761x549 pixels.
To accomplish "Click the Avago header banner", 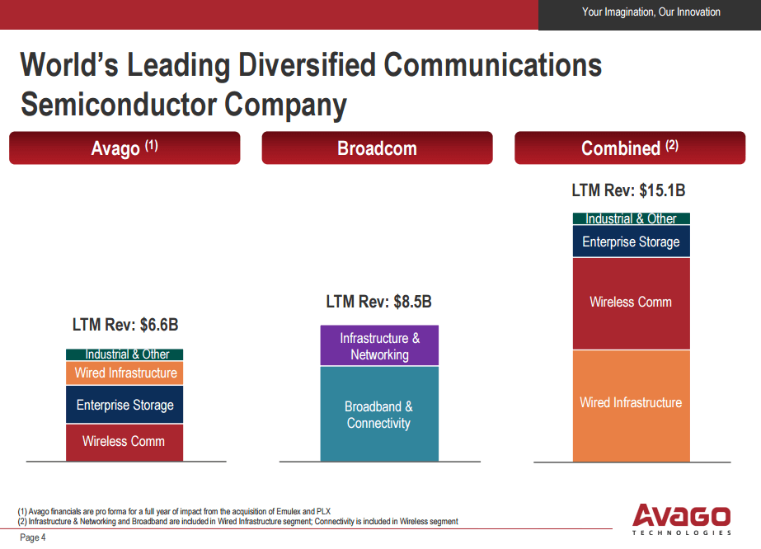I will pyautogui.click(x=124, y=148).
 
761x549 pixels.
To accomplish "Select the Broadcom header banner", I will pyautogui.click(x=377, y=148).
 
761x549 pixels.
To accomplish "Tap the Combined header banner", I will pyautogui.click(x=630, y=148).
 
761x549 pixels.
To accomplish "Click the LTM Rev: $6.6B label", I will pyautogui.click(x=125, y=325).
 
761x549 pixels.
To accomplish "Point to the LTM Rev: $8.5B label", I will pyautogui.click(x=378, y=303).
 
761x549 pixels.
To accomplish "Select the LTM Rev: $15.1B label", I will pyautogui.click(x=628, y=190).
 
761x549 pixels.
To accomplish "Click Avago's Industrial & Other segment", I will pyautogui.click(x=125, y=354).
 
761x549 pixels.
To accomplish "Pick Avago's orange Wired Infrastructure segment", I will pyautogui.click(x=125, y=373).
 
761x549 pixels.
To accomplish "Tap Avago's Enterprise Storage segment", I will pyautogui.click(x=125, y=405).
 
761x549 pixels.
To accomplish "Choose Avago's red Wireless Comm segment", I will pyautogui.click(x=124, y=442).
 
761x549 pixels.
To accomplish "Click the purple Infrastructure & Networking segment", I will pyautogui.click(x=379, y=346).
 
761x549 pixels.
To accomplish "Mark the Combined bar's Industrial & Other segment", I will pyautogui.click(x=631, y=218).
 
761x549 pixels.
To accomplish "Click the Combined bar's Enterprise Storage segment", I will pyautogui.click(x=631, y=242).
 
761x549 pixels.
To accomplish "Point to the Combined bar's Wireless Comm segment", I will pyautogui.click(x=631, y=303).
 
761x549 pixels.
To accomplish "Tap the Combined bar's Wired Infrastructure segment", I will pyautogui.click(x=631, y=404).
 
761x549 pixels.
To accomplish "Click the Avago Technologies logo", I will pyautogui.click(x=681, y=519).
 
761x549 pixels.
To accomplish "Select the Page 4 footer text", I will pyautogui.click(x=33, y=538).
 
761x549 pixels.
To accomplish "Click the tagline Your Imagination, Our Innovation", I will pyautogui.click(x=651, y=12).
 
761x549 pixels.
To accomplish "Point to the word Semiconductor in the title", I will pyautogui.click(x=119, y=106).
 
